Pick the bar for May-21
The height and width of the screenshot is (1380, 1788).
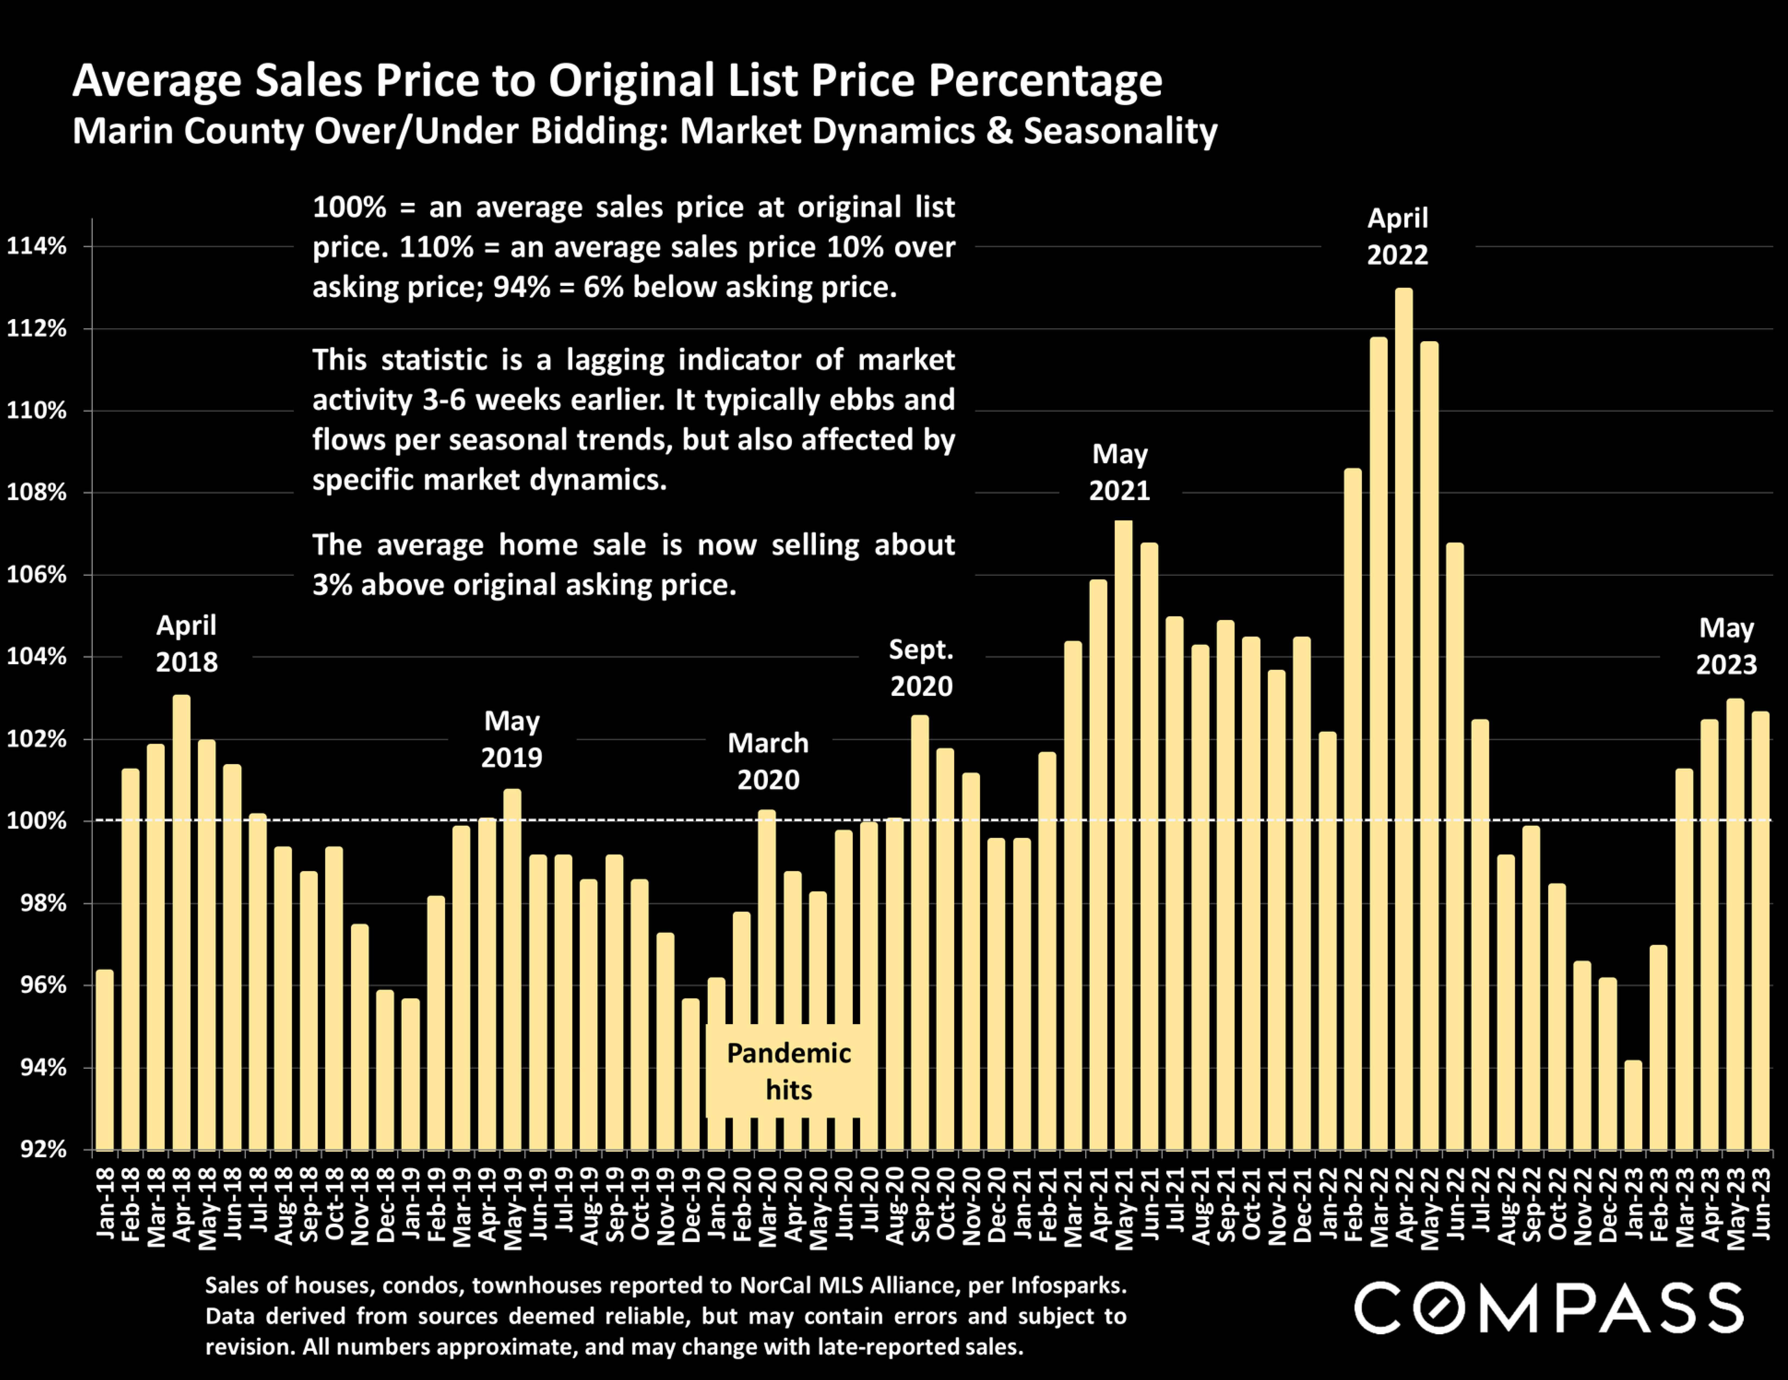click(1123, 835)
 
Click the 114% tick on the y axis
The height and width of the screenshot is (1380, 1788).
click(37, 246)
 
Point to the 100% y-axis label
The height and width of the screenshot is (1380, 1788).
click(37, 821)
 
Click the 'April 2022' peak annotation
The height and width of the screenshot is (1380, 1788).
click(1397, 237)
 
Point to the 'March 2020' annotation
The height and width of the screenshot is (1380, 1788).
click(768, 761)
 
